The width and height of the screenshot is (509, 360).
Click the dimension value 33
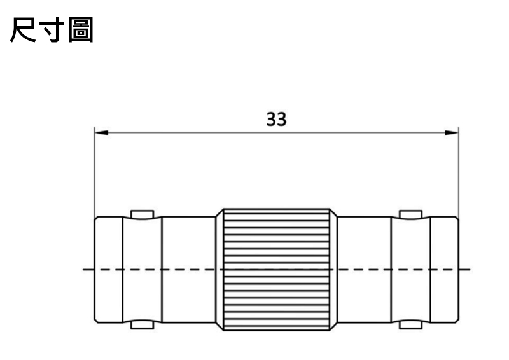pyautogui.click(x=276, y=119)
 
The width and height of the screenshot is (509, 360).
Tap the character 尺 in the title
pyautogui.click(x=23, y=29)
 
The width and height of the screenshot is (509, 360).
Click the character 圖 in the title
pyautogui.click(x=81, y=30)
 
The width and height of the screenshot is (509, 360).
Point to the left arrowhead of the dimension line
pyautogui.click(x=101, y=133)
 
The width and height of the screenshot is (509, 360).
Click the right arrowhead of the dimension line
pyautogui.click(x=452, y=133)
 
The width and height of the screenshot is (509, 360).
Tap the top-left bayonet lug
pyautogui.click(x=142, y=214)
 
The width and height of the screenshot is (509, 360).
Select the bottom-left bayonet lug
pyautogui.click(x=142, y=324)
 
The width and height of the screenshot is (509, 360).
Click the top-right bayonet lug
pyautogui.click(x=410, y=214)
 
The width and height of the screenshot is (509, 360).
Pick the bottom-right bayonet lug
pyautogui.click(x=410, y=324)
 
